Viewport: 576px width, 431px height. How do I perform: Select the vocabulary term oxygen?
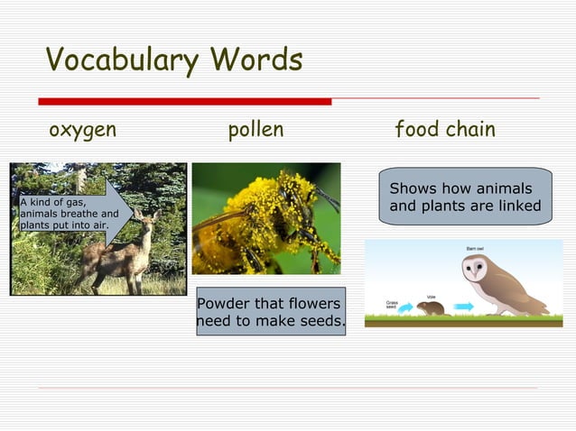pos(82,130)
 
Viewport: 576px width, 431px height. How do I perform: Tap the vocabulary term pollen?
pos(255,130)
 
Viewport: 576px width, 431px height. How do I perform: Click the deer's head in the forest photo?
pos(144,219)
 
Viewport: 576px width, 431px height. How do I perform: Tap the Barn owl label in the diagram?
pos(476,247)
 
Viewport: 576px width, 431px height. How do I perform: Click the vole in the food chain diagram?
pos(432,308)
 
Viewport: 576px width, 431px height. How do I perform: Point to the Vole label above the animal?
pos(432,297)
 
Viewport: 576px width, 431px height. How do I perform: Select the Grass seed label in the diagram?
pos(392,305)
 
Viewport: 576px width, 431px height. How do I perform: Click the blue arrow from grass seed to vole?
pos(405,307)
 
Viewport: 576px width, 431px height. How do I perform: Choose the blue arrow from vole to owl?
pos(463,307)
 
